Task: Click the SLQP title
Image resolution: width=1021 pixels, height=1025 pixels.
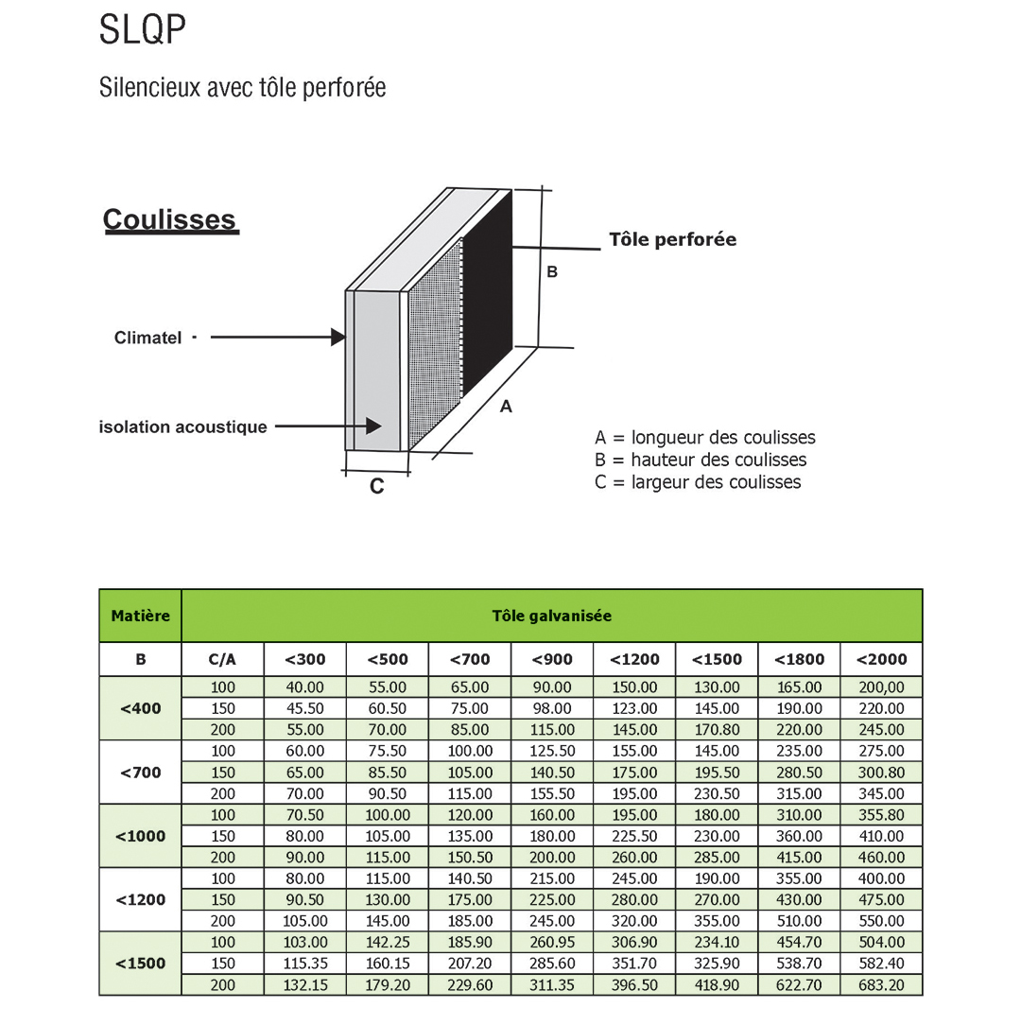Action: (x=143, y=31)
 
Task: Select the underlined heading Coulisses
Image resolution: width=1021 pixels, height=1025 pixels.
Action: (x=169, y=219)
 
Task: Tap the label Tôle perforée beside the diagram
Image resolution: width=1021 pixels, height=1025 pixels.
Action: (x=672, y=240)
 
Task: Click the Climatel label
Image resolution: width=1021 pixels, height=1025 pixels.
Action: (x=147, y=338)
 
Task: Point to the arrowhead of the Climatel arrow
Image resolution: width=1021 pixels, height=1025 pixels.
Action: (x=337, y=337)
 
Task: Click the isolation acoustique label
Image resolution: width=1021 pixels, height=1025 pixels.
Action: (x=182, y=427)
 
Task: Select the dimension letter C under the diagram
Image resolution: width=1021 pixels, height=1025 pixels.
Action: (x=376, y=487)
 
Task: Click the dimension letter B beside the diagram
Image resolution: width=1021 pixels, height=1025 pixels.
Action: (x=552, y=272)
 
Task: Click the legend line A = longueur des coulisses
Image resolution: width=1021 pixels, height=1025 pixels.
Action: (x=704, y=438)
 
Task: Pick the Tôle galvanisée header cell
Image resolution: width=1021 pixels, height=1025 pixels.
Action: (x=551, y=616)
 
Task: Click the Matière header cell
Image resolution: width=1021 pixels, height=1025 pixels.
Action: (x=140, y=616)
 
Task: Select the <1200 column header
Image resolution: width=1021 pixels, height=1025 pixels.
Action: (x=634, y=659)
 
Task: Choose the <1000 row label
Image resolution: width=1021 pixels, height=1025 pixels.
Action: (x=140, y=836)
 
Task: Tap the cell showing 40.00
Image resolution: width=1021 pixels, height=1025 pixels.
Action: (x=304, y=687)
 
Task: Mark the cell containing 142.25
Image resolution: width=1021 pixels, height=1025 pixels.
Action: (x=388, y=943)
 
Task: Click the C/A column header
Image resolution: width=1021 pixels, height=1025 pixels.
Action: (x=222, y=659)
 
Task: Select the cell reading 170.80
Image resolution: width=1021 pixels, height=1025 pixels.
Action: (x=717, y=730)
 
